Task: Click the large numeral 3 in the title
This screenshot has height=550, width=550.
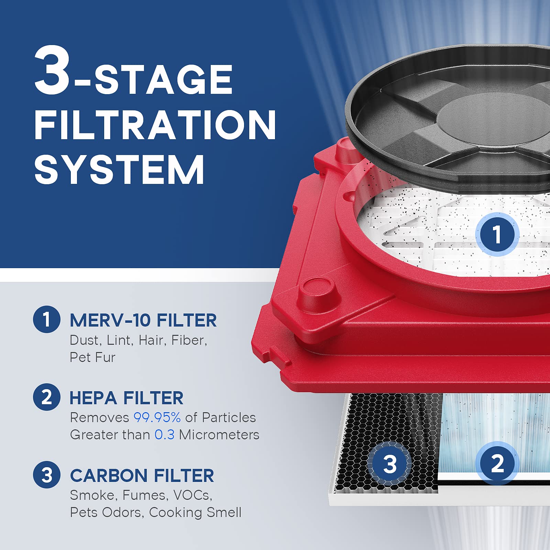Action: tap(52, 70)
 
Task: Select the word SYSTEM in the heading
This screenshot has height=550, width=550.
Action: tap(119, 169)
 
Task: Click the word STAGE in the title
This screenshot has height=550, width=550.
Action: tap(164, 80)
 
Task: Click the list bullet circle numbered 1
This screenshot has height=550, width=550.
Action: tap(47, 319)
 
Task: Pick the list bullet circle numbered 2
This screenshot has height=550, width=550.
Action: tap(47, 397)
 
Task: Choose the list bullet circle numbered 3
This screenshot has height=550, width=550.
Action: tap(47, 475)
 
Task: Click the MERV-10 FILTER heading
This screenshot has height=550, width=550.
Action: tap(143, 320)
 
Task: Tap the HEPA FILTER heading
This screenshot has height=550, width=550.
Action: tap(126, 398)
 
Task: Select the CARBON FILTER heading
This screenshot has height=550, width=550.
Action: tap(142, 476)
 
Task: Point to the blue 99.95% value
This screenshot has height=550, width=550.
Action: tap(157, 418)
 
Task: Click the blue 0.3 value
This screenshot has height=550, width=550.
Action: tap(164, 435)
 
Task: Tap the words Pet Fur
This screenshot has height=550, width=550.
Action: tap(92, 357)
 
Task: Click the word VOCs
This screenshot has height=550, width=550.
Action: tap(192, 495)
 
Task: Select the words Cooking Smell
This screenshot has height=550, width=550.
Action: tap(195, 513)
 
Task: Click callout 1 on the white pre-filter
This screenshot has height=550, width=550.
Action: tap(497, 234)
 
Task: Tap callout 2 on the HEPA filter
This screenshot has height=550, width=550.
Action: tap(497, 463)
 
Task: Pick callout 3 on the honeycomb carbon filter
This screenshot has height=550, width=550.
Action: tap(389, 464)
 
